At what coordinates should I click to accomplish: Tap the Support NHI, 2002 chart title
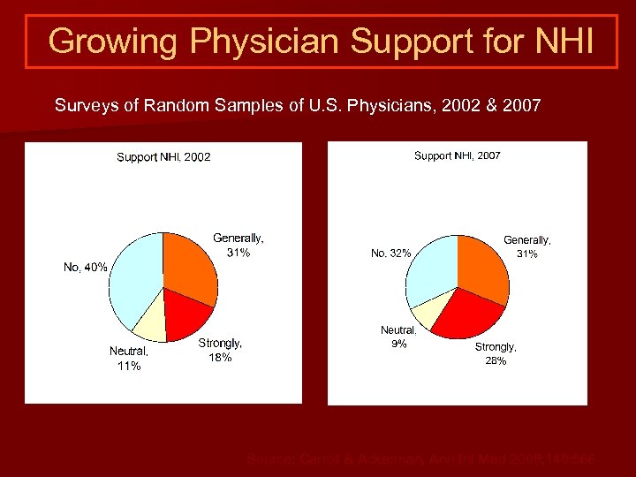[x=163, y=157]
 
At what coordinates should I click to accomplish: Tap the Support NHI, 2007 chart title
[x=457, y=155]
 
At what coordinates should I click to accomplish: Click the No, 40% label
[x=85, y=267]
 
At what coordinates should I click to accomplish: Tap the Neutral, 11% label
[x=129, y=359]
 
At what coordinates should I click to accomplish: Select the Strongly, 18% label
[x=220, y=350]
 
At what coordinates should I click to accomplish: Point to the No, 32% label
[x=390, y=254]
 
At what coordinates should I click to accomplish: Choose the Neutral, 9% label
[x=398, y=337]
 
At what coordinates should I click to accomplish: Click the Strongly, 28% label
[x=496, y=354]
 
